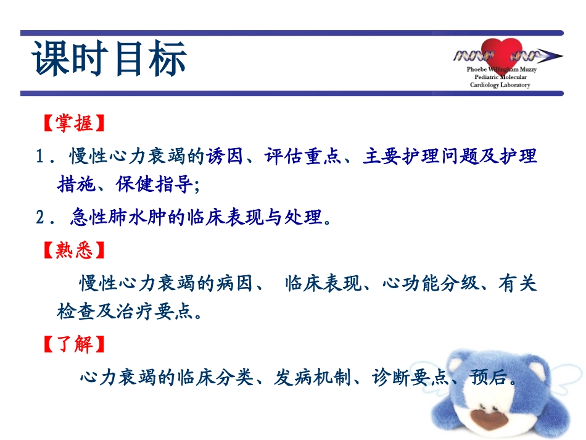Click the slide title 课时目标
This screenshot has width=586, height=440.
pos(109,60)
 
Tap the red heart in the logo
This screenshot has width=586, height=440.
pos(500,54)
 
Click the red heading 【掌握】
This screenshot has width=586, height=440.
pos(74,123)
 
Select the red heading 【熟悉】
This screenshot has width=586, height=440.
pos(74,251)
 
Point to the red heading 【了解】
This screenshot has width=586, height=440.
pos(74,344)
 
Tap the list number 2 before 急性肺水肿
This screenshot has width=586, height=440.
pos(41,217)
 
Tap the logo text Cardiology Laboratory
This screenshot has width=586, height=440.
pos(500,85)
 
